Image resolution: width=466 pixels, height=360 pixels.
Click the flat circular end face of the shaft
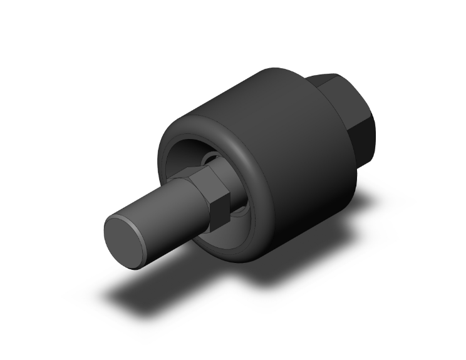pos(128,240)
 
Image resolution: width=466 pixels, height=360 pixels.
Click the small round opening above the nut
pos(211,157)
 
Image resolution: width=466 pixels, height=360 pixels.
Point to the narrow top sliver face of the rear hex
pos(323,78)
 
